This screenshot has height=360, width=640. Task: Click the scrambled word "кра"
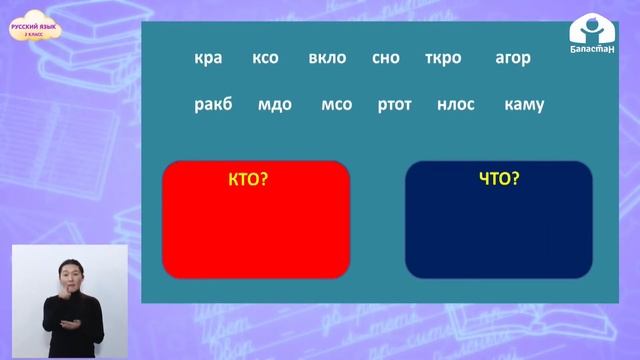click(x=208, y=58)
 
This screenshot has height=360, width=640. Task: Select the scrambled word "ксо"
click(x=266, y=58)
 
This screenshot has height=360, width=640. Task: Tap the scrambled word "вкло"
click(x=327, y=58)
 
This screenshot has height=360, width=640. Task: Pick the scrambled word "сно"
click(x=385, y=58)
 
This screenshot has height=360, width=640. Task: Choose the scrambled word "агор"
click(x=513, y=58)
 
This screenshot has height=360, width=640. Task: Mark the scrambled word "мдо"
click(x=274, y=104)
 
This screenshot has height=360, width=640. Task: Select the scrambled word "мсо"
click(x=337, y=104)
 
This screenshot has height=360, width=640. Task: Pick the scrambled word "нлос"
click(x=456, y=104)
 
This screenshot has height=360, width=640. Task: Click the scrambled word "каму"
click(x=525, y=104)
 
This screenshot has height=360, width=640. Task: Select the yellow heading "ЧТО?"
click(x=499, y=180)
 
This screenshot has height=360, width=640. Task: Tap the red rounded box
click(x=255, y=230)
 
